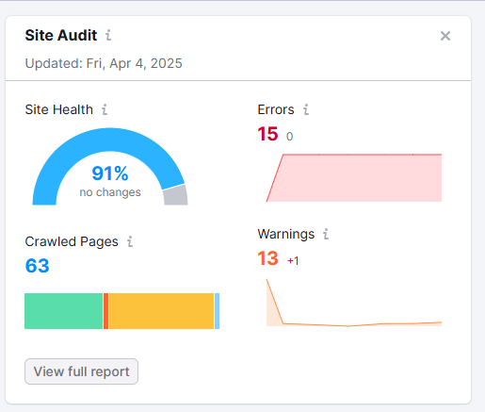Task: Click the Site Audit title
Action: point(61,35)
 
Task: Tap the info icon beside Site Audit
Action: point(108,35)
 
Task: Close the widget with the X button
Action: point(445,36)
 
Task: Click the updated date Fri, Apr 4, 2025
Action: point(134,63)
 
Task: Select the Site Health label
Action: point(59,109)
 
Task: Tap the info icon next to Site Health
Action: point(105,109)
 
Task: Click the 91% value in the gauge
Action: point(110,173)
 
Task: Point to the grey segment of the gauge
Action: point(176,195)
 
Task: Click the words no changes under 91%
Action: point(110,192)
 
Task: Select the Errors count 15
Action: point(267,134)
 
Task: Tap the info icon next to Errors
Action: point(306,109)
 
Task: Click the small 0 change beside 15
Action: point(289,137)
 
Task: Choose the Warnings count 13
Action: point(267,258)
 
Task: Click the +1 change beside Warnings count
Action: point(293,261)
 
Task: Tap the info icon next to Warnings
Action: point(326,234)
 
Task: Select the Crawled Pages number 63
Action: point(37,266)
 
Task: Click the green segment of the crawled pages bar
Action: point(64,311)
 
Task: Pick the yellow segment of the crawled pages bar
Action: point(161,311)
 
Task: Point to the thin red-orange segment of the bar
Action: point(106,311)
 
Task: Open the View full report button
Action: point(81,371)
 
